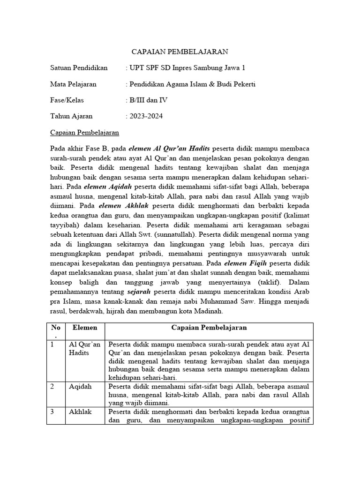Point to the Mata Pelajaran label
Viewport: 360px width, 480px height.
tap(73, 84)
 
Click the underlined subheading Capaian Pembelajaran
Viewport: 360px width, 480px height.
tap(84, 132)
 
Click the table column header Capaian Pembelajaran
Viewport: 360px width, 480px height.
tap(209, 328)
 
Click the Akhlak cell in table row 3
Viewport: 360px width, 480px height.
tap(80, 412)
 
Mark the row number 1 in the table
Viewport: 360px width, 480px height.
tap(53, 345)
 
